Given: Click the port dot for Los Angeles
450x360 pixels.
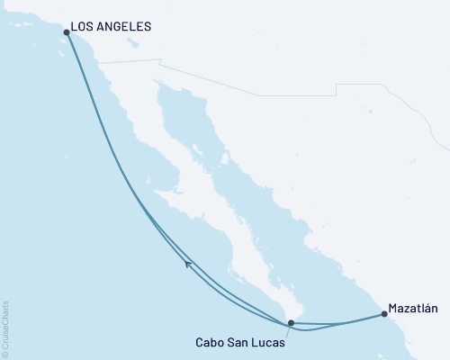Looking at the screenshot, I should click(x=67, y=32).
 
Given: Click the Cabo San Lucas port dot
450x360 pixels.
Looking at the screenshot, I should click(x=291, y=322).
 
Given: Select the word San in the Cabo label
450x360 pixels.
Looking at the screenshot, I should click(x=237, y=341).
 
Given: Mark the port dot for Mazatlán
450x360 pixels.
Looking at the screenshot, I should click(x=385, y=314).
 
